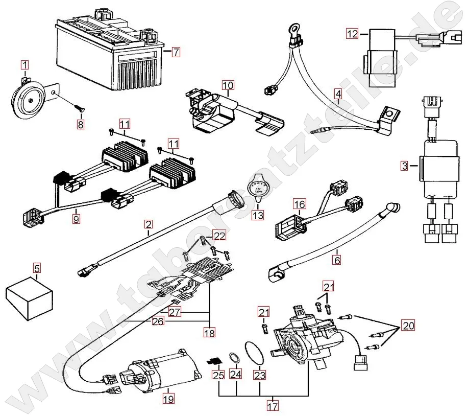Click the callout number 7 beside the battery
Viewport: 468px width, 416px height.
(x=176, y=52)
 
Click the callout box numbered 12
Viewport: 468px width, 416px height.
(x=353, y=34)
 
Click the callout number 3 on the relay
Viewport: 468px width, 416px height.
(x=404, y=166)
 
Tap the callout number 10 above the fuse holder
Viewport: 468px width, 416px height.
(x=228, y=85)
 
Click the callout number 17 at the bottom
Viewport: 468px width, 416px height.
(x=273, y=407)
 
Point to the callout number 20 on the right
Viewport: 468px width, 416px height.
(x=408, y=326)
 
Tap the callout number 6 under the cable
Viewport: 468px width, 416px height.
(x=337, y=259)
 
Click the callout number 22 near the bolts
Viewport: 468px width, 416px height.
(x=218, y=236)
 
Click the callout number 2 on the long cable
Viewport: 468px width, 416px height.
(x=148, y=223)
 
